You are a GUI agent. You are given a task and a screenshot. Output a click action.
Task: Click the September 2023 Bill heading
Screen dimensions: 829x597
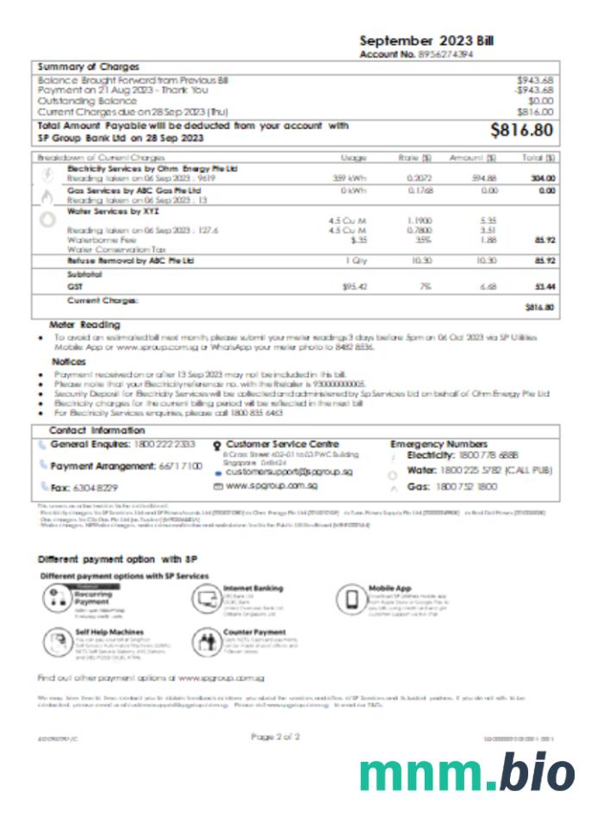(x=426, y=41)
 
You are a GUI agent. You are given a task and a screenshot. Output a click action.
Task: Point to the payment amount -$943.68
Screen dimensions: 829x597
(x=534, y=90)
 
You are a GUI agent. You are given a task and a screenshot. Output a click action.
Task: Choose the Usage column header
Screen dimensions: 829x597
(x=353, y=159)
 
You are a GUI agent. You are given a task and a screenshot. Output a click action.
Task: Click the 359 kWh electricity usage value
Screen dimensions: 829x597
(x=350, y=178)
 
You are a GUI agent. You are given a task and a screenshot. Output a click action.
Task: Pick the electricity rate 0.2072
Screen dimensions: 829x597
(x=420, y=178)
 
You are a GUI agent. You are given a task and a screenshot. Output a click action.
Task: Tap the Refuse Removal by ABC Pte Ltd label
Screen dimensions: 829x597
(x=130, y=259)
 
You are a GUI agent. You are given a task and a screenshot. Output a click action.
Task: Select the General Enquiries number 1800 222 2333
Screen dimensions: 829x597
(x=165, y=444)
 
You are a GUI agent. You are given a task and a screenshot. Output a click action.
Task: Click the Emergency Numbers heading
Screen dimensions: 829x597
(x=438, y=444)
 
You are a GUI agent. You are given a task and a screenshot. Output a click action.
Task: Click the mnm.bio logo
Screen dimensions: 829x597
(x=466, y=770)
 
